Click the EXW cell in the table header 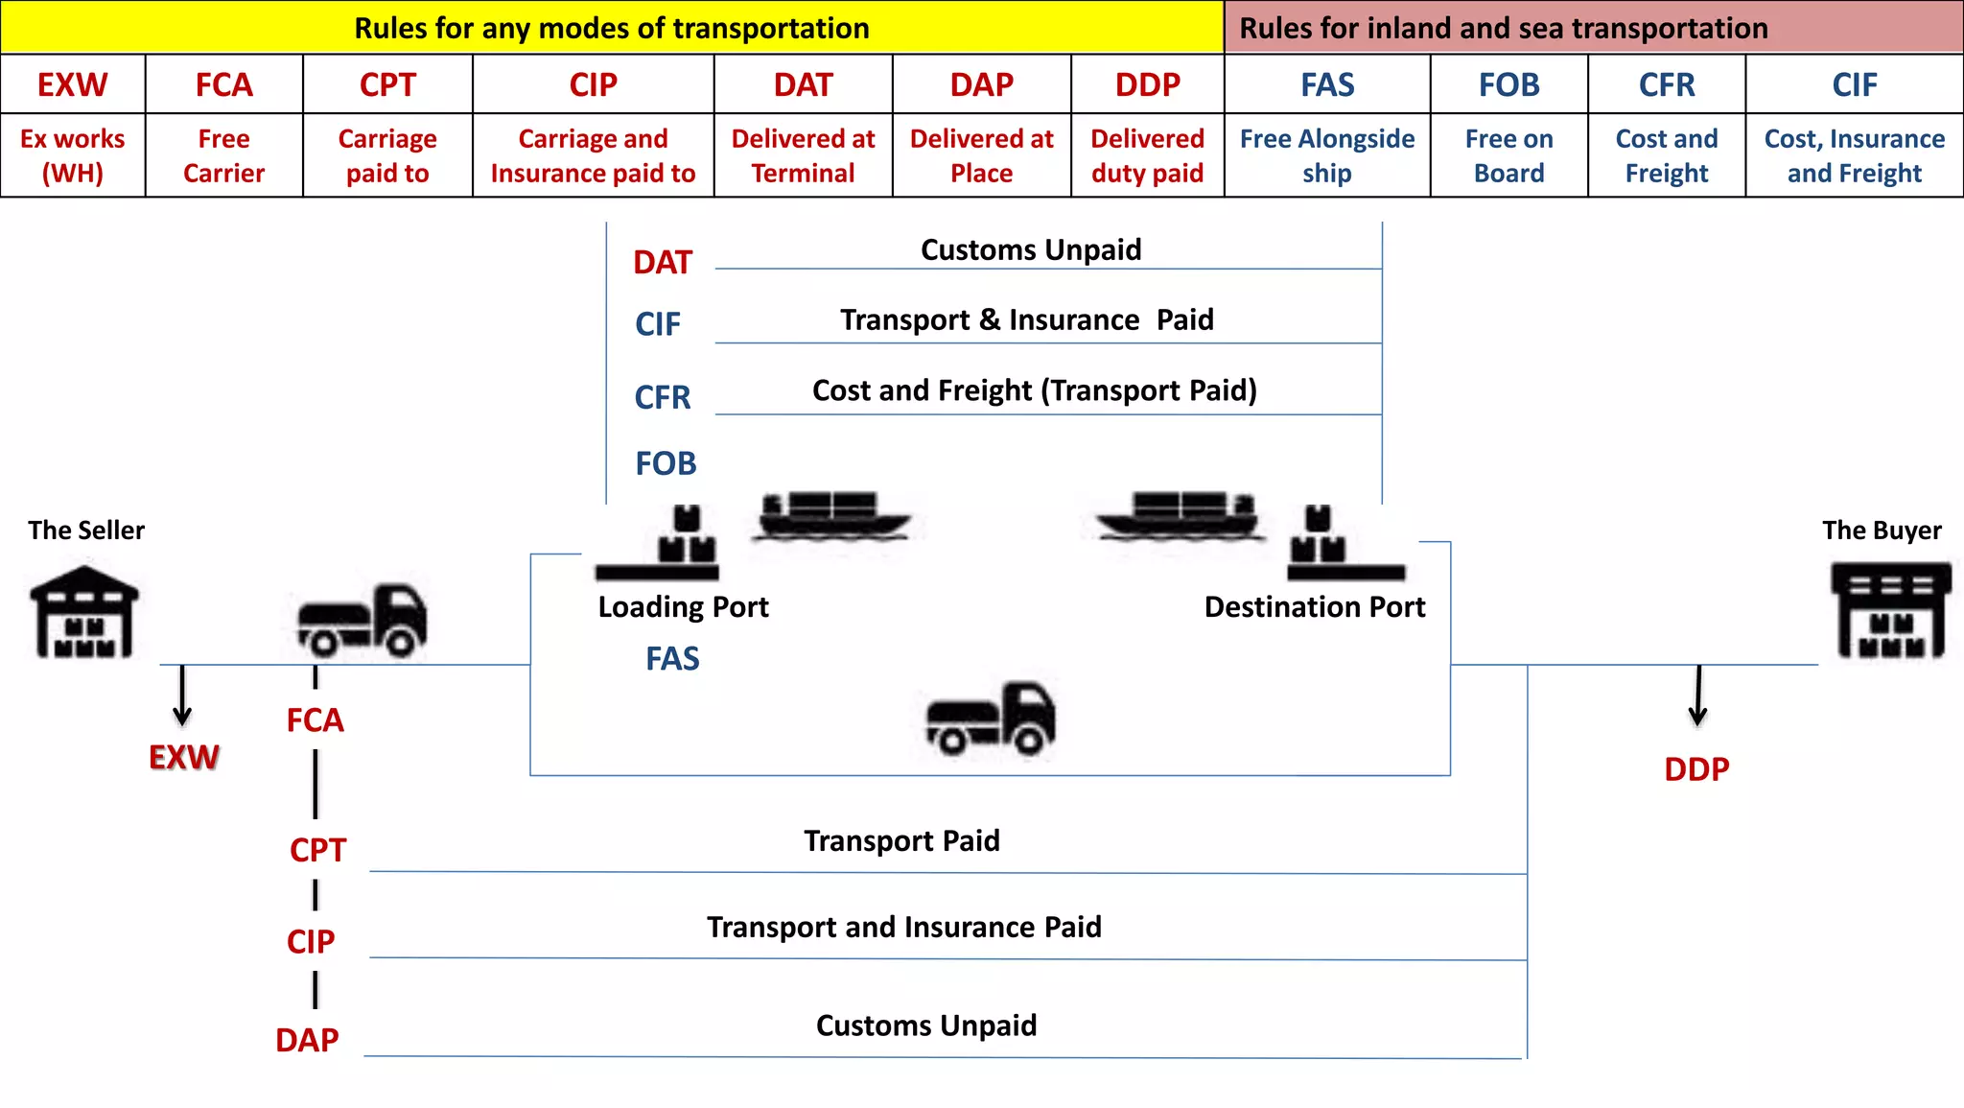(x=73, y=84)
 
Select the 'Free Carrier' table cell (x=223, y=155)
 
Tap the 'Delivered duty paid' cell (x=1147, y=155)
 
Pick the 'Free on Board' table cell (x=1508, y=155)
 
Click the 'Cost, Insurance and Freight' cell (x=1854, y=155)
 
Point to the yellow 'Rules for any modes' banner (x=612, y=27)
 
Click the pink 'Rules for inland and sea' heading (x=1594, y=27)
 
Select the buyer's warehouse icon (x=1890, y=611)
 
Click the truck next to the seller (x=362, y=620)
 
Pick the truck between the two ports (x=991, y=719)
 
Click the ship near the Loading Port (x=832, y=515)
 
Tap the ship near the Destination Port (x=1180, y=515)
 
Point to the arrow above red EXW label (x=182, y=695)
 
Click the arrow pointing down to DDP (x=1697, y=695)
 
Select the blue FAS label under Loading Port (x=672, y=659)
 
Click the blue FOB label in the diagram (x=666, y=463)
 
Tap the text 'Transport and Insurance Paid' (x=903, y=927)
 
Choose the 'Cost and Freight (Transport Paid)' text (x=1034, y=390)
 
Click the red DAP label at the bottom (x=307, y=1040)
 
